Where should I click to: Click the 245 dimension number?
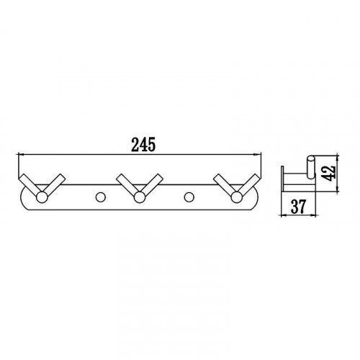143,145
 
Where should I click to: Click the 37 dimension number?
298,206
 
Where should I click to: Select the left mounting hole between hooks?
100,197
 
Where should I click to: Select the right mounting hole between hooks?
189,197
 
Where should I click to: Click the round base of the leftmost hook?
42,197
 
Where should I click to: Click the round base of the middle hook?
140,197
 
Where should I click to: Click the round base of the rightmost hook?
237,197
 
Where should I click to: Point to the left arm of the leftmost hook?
30,185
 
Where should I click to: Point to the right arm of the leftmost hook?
55,184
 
